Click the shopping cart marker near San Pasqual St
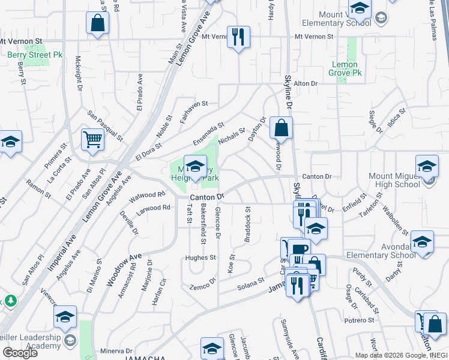pyautogui.click(x=93, y=140)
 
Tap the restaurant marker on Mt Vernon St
pyautogui.click(x=239, y=37)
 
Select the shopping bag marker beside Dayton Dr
pyautogui.click(x=281, y=128)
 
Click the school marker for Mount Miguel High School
pyautogui.click(x=427, y=166)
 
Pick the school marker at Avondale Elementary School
pyautogui.click(x=422, y=242)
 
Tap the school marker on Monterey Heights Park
pyautogui.click(x=195, y=167)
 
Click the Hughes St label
pyautogui.click(x=200, y=257)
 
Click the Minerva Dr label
pyautogui.click(x=116, y=351)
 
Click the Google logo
pyautogui.click(x=20, y=353)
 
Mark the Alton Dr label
pyautogui.click(x=305, y=84)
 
